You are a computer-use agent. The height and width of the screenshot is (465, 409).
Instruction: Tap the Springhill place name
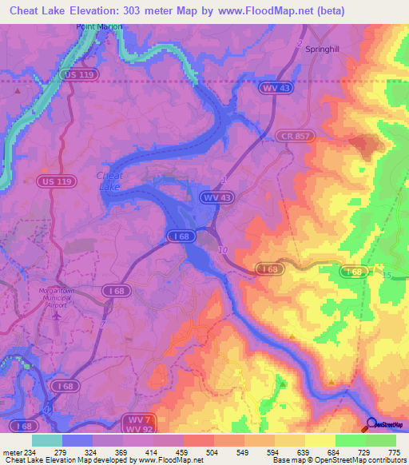point(322,48)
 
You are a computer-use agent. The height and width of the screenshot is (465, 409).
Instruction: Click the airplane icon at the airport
point(58,316)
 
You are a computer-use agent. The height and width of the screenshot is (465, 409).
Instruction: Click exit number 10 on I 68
point(222,251)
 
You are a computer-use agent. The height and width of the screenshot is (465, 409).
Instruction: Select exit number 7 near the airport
point(104,322)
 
